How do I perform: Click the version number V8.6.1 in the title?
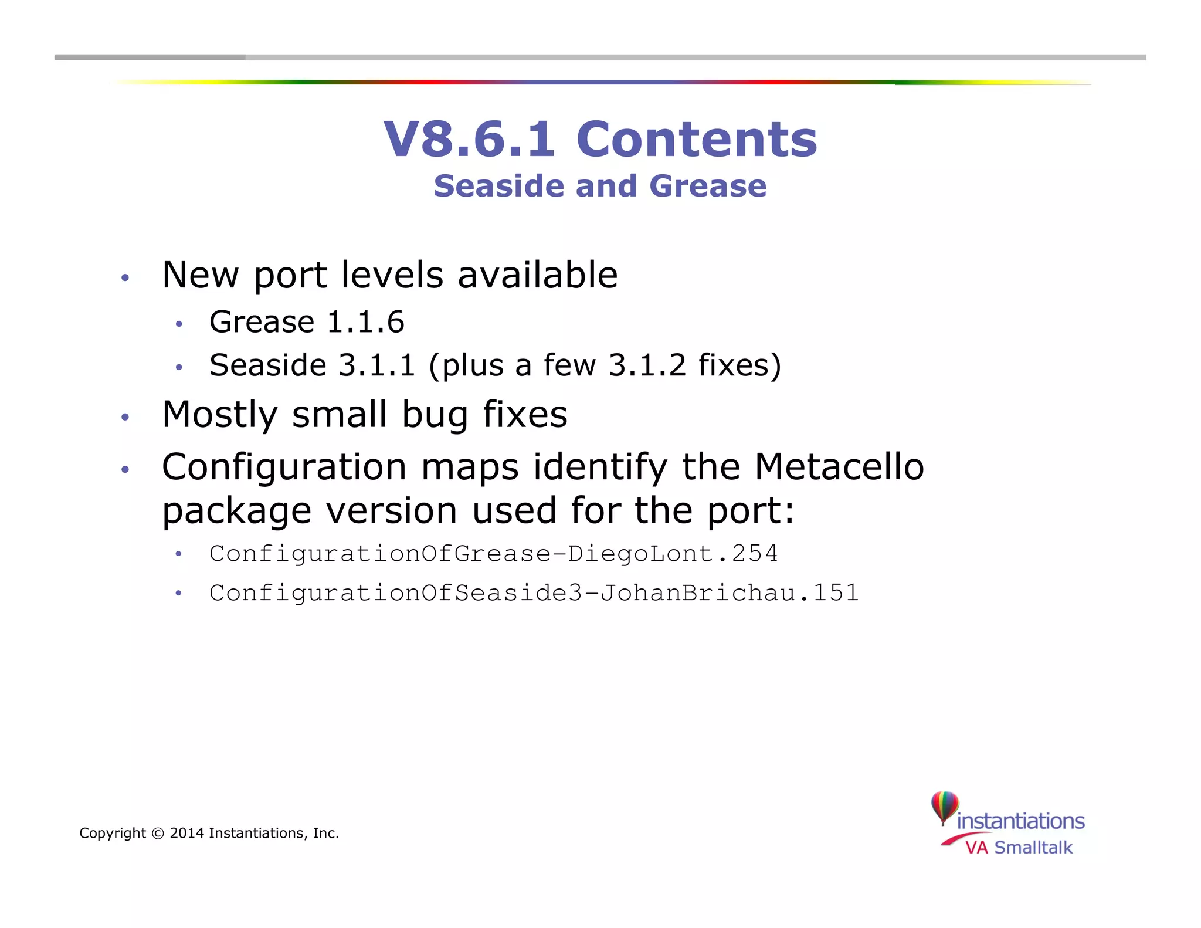pyautogui.click(x=469, y=139)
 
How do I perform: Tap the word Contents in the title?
pyautogui.click(x=697, y=139)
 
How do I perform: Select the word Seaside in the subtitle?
pyautogui.click(x=500, y=186)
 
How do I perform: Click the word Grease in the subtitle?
pyautogui.click(x=708, y=186)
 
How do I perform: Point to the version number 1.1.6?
pyautogui.click(x=365, y=322)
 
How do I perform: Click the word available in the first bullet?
pyautogui.click(x=537, y=275)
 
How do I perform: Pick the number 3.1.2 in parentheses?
pyautogui.click(x=647, y=365)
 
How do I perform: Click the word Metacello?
pyautogui.click(x=839, y=467)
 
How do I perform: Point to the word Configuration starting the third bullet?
pyautogui.click(x=284, y=467)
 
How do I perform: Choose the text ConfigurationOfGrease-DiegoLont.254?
pyautogui.click(x=493, y=554)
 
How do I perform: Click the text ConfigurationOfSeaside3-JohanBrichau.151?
pyautogui.click(x=534, y=593)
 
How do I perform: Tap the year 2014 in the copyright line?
pyautogui.click(x=186, y=833)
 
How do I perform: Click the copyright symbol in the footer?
pyautogui.click(x=158, y=833)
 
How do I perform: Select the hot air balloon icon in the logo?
pyautogui.click(x=945, y=807)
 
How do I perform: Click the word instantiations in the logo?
pyautogui.click(x=1020, y=821)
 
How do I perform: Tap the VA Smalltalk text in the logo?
pyautogui.click(x=1019, y=848)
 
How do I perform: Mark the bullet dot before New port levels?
pyautogui.click(x=125, y=277)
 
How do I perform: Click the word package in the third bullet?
pyautogui.click(x=236, y=510)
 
